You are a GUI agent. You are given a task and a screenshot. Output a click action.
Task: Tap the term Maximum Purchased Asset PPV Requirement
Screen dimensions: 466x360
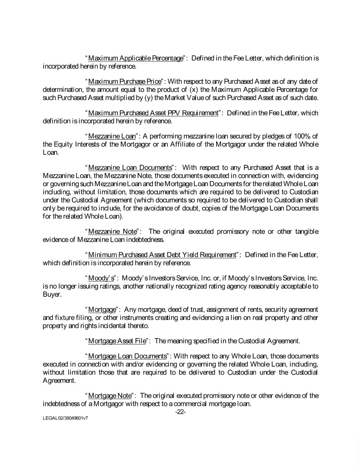click(x=153, y=113)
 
